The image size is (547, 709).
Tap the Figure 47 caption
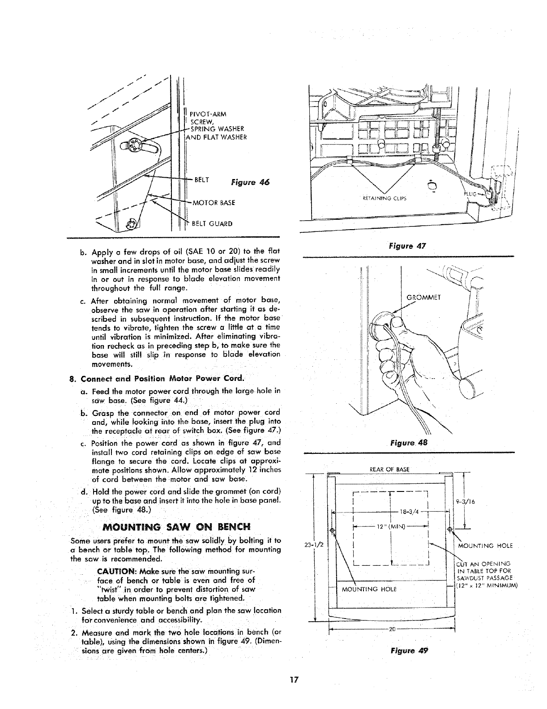coord(407,246)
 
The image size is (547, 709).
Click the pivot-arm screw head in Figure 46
coord(133,145)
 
